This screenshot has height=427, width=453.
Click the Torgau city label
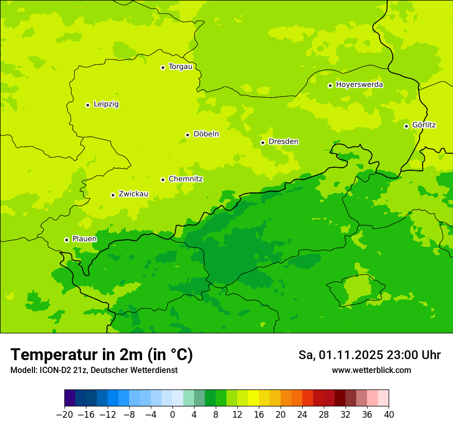(180, 67)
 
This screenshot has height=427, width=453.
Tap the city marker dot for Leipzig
(88, 105)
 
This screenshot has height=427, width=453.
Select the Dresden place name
(283, 141)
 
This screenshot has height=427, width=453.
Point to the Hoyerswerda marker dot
(330, 85)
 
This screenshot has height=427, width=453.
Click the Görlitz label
(424, 125)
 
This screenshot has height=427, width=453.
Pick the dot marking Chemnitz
(163, 180)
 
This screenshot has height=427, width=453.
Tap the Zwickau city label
(133, 194)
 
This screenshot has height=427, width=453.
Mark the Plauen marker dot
(66, 240)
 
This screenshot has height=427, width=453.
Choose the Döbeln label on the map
(206, 134)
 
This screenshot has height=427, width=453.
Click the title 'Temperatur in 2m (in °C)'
(101, 355)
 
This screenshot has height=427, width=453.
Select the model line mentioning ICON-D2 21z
(94, 370)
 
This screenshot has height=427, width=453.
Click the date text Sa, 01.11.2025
(341, 355)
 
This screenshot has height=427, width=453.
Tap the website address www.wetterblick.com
(371, 370)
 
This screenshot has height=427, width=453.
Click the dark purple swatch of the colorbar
(69, 398)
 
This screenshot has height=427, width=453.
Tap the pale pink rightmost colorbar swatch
(383, 398)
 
